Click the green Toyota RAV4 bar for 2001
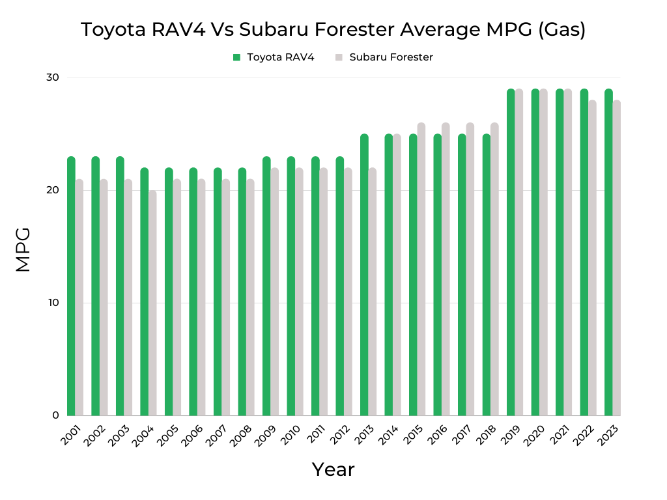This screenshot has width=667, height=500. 71,286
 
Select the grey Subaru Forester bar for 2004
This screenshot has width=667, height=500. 152,303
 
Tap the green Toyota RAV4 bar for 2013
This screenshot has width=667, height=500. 364,275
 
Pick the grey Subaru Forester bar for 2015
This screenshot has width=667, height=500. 421,269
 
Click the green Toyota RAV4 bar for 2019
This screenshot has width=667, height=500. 511,253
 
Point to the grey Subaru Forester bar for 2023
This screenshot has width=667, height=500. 617,258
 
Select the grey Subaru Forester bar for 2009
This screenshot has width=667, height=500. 275,292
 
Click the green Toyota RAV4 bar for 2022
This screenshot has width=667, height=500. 584,253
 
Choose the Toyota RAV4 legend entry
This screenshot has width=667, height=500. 280,57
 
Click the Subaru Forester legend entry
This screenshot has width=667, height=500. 391,57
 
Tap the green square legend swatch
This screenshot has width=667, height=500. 237,57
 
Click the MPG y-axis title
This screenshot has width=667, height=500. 23,249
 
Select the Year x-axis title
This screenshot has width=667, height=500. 333,469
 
